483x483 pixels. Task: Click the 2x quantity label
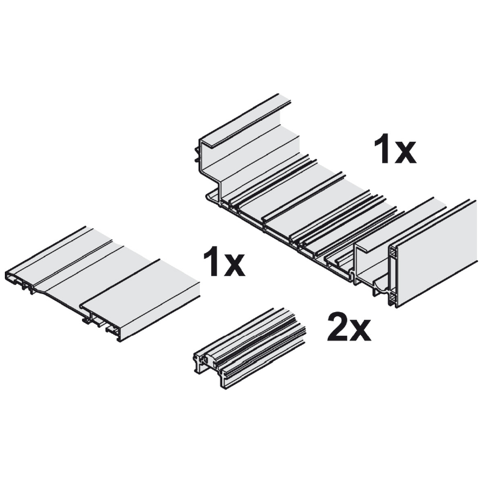[349, 326]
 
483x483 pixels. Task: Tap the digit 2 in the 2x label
[337, 326]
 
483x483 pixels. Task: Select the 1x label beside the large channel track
[395, 150]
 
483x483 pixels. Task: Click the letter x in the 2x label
[360, 330]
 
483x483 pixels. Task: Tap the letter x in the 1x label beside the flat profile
[234, 266]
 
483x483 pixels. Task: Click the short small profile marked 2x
[250, 348]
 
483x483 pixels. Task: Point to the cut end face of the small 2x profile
[210, 370]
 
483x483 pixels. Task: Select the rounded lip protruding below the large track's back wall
[213, 198]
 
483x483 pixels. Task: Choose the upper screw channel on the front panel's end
[394, 252]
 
